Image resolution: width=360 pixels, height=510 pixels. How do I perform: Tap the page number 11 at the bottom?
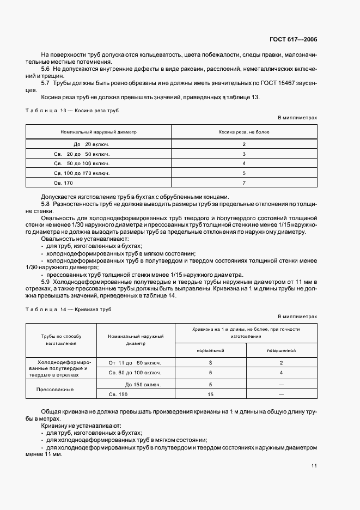point(314,466)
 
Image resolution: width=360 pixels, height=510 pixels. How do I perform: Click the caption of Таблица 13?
point(72,111)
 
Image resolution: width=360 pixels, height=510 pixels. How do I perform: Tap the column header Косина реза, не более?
point(244,132)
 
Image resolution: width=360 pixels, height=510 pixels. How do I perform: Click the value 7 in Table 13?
point(244,183)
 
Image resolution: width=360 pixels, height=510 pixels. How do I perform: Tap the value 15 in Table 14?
point(210,394)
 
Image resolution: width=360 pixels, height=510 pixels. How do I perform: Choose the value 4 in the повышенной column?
point(281,373)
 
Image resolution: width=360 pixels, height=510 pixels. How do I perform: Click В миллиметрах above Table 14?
point(297,316)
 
